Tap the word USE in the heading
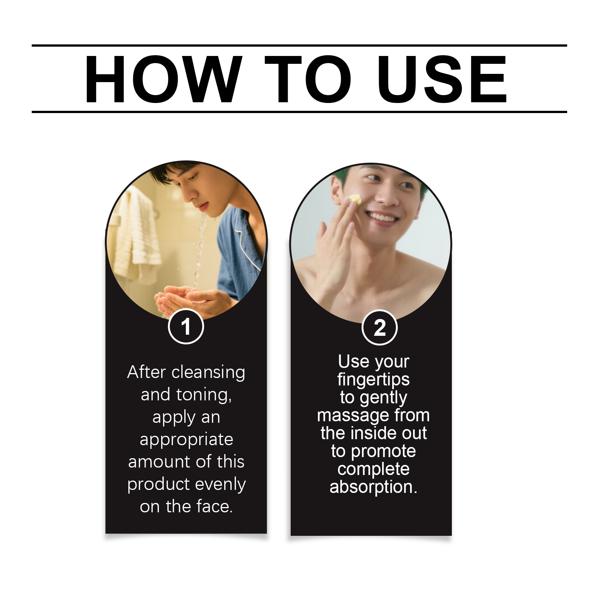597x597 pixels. coord(442,79)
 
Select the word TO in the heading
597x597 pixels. coord(308,79)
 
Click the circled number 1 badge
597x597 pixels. coord(186,326)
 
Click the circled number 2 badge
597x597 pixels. coord(379,328)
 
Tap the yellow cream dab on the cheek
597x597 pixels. coord(354,200)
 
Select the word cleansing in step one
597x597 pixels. coord(208,372)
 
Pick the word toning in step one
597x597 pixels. coord(204,395)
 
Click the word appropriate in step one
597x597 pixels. coord(186,440)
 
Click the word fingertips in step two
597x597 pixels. coord(373,380)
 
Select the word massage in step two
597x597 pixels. coord(347,415)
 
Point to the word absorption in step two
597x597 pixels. coord(373,487)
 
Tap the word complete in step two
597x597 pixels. coord(373,469)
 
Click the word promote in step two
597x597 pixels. coord(383,451)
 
